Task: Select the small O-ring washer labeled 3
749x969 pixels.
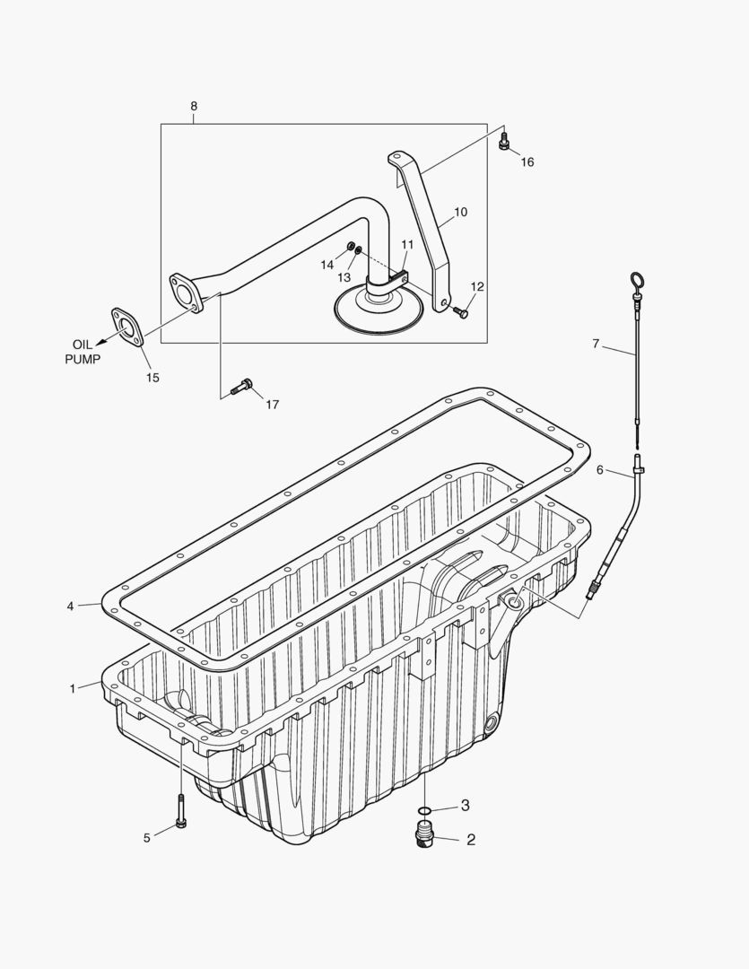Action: (x=424, y=810)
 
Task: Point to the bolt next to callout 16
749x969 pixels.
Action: (x=504, y=142)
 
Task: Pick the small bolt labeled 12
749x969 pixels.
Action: (x=460, y=311)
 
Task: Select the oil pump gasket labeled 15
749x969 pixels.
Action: (x=129, y=325)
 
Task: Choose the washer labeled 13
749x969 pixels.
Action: (x=359, y=251)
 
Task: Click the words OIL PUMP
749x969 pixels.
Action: (x=82, y=352)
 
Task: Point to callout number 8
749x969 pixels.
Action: (x=194, y=106)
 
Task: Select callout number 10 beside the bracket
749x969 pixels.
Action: (x=460, y=213)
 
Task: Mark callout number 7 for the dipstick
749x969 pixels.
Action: (x=596, y=344)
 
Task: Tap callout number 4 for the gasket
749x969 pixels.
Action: (x=70, y=607)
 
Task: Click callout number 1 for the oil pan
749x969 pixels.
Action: (x=73, y=688)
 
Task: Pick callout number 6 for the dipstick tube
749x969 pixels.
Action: (x=601, y=470)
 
